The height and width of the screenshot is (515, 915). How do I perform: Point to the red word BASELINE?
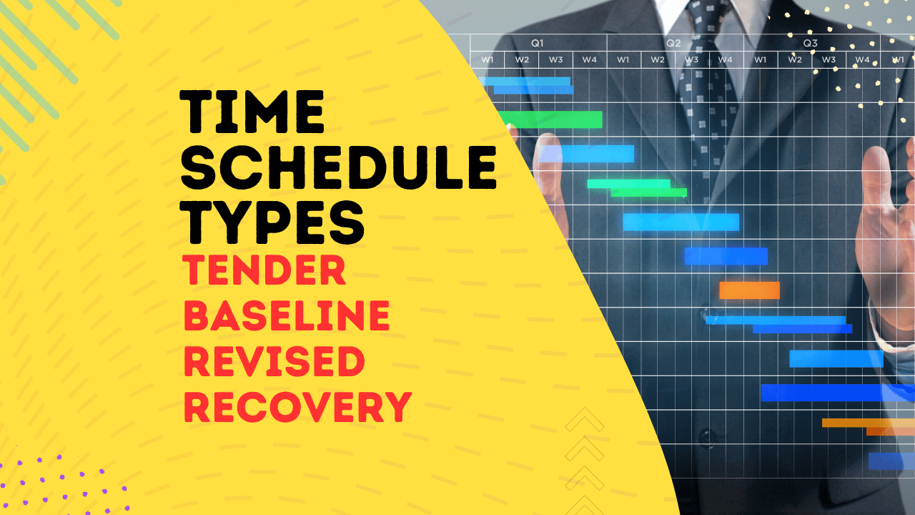tap(287, 317)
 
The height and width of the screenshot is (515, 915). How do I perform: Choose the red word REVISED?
tap(274, 361)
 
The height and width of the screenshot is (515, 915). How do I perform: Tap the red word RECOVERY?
tap(297, 406)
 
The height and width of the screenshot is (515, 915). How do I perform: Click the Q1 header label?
tap(537, 43)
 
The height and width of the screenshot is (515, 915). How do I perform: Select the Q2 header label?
tap(673, 43)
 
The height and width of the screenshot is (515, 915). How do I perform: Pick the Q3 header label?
tap(810, 43)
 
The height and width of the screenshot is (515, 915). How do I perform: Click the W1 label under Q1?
tap(488, 59)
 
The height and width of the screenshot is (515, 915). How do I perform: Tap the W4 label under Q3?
tap(862, 59)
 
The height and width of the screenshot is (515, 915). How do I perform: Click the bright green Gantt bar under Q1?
tap(550, 119)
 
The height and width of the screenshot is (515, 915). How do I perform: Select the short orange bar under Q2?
tap(749, 290)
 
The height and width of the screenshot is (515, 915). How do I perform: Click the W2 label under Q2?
tap(657, 59)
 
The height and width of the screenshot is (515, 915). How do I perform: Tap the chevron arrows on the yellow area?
tap(585, 458)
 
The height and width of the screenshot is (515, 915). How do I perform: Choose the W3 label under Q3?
tap(829, 59)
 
